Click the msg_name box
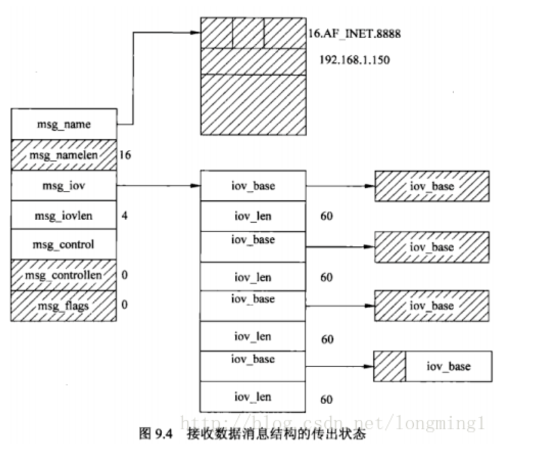64,125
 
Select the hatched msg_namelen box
64,155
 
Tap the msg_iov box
64,185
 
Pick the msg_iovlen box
64,216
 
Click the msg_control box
64,245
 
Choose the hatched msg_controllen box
64,275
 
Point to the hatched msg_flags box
64,305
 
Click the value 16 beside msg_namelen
125,155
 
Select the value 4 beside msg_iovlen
124,216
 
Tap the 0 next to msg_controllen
125,275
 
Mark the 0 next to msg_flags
125,305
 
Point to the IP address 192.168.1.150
354,59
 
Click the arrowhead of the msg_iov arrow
196,185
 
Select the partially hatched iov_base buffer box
432,367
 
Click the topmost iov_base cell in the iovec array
253,185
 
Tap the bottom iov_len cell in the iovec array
253,397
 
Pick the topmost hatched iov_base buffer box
432,186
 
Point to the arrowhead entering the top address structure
197,31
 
